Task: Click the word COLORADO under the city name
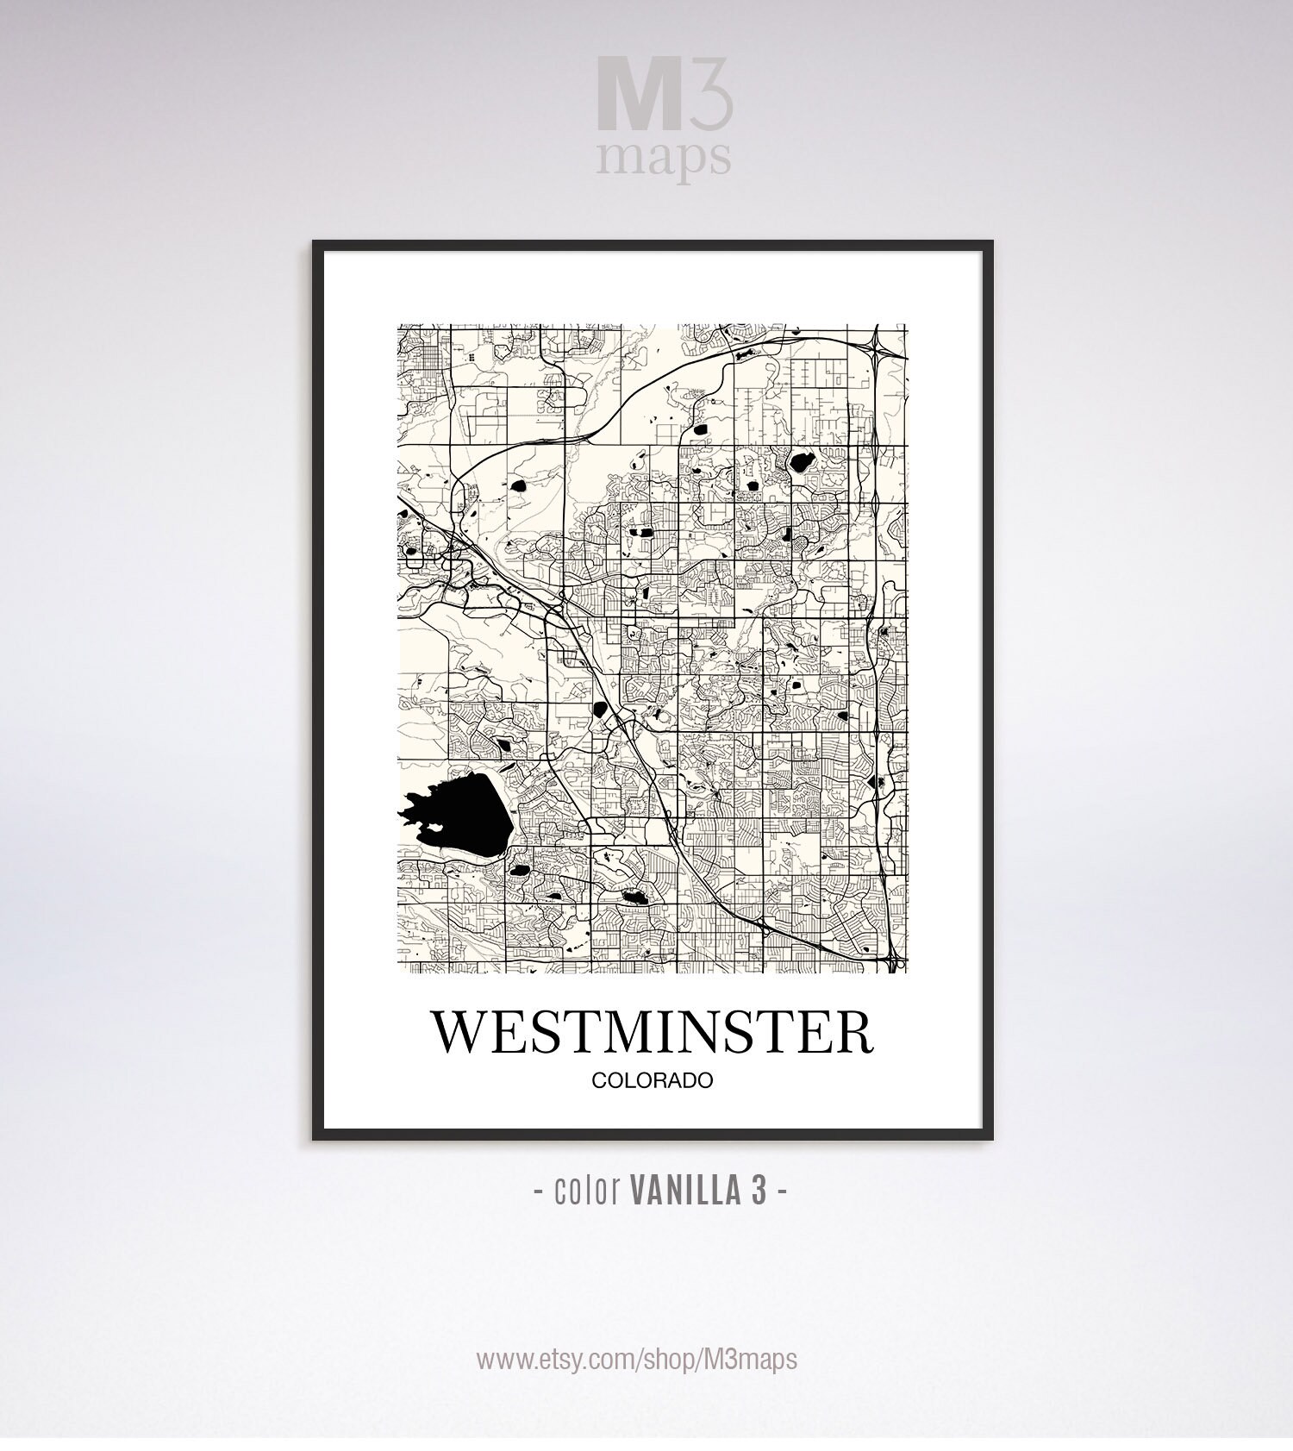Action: [x=652, y=1080]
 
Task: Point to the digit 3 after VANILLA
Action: [x=758, y=1191]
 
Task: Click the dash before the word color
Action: [x=539, y=1191]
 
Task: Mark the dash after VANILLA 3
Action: [x=782, y=1191]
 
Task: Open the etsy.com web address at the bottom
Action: [x=637, y=1360]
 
